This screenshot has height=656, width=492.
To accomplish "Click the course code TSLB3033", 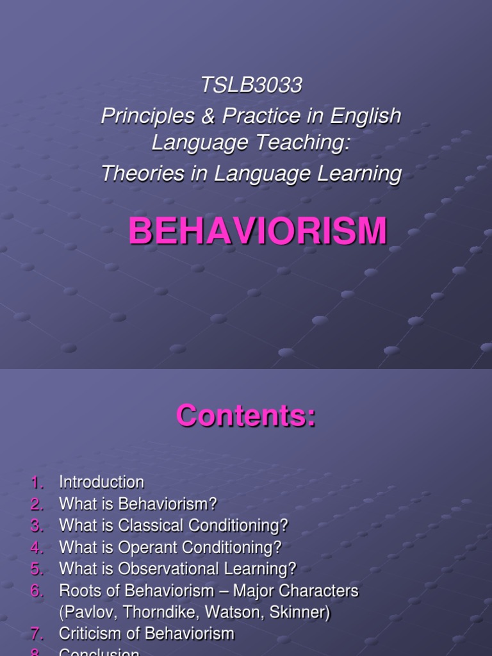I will tap(251, 86).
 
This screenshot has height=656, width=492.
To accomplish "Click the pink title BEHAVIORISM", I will tap(258, 231).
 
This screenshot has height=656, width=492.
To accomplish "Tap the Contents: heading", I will tap(246, 415).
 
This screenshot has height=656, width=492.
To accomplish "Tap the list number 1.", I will tap(37, 482).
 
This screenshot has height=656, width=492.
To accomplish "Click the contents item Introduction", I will tap(101, 482).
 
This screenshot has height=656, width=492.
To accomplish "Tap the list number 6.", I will tap(37, 591).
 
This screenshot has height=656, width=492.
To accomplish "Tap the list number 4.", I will tap(37, 548).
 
